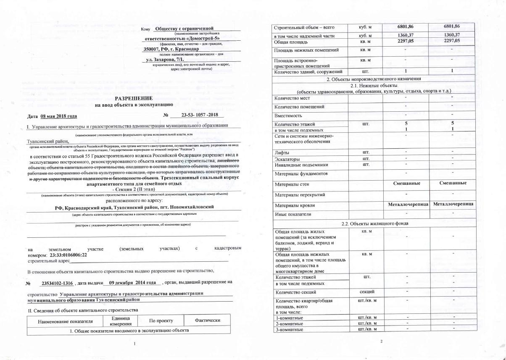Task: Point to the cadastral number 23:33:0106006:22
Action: [x=69, y=255]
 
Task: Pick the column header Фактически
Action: [x=208, y=321]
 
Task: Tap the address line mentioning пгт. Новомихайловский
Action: [x=134, y=208]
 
